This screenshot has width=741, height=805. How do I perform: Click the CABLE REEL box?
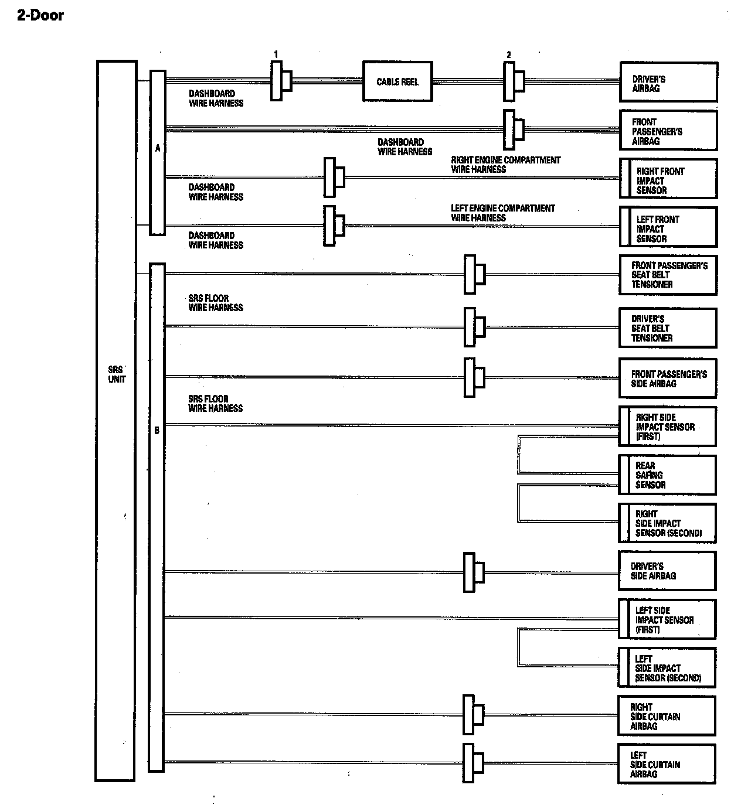(397, 81)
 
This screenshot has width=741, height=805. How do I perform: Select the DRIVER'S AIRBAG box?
(668, 83)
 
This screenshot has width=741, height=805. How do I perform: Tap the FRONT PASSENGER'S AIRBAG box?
(668, 131)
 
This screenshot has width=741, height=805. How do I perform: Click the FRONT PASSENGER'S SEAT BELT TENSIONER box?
(668, 275)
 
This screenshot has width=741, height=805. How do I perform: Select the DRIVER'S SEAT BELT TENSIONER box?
(668, 328)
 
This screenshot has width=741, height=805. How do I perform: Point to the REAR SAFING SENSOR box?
(668, 475)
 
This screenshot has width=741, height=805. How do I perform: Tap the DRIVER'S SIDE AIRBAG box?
(668, 571)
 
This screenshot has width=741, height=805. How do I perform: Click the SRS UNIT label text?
(116, 374)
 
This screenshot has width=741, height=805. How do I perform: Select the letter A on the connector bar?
(158, 149)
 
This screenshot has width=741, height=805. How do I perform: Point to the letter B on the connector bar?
(157, 431)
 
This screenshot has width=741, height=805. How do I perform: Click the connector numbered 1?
(280, 81)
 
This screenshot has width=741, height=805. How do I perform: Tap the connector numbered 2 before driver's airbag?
(513, 81)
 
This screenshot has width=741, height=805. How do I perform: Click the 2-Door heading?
(40, 16)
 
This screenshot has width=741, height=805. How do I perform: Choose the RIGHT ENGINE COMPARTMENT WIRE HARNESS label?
(505, 165)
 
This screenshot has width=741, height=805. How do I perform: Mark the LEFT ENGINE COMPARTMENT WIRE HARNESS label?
(502, 213)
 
